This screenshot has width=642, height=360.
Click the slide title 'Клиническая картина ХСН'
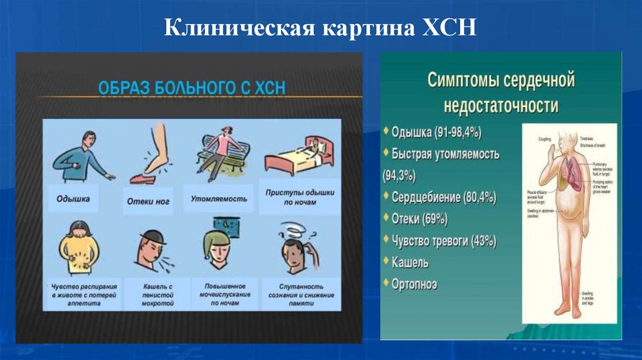[x=320, y=29]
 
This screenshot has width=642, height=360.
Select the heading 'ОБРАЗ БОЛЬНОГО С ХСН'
[x=191, y=87]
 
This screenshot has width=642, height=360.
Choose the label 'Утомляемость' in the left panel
[x=219, y=199]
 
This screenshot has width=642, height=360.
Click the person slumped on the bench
[x=221, y=152]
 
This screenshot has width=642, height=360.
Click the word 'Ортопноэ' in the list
[x=414, y=284]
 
